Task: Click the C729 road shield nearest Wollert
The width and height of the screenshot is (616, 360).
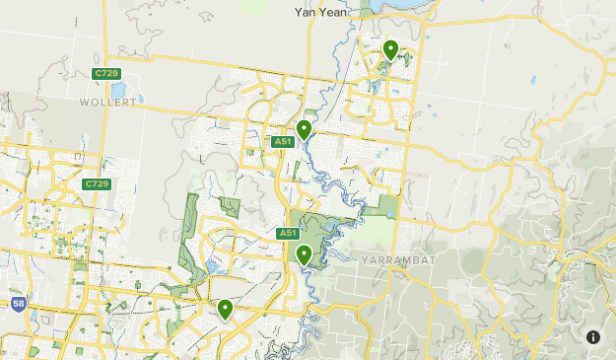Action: click(105, 74)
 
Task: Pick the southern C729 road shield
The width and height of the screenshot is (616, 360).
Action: click(97, 184)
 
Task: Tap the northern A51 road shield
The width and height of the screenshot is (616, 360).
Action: click(284, 142)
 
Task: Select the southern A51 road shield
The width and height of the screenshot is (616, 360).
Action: click(288, 234)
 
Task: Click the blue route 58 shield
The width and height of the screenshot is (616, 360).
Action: click(19, 304)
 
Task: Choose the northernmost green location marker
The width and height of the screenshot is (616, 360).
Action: click(390, 49)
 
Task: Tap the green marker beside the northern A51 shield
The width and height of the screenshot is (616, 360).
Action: click(304, 129)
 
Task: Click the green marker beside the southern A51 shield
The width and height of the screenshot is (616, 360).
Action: click(305, 254)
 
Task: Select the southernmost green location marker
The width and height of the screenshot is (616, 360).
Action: click(226, 309)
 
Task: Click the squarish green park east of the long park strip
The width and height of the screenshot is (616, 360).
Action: click(230, 206)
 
